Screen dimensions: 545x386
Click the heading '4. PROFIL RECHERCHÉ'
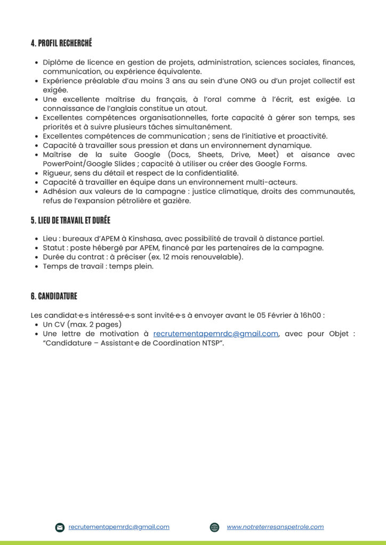click(x=61, y=44)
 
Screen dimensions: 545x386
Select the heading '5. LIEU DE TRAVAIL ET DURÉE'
click(x=70, y=220)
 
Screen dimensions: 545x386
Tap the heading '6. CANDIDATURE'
click(x=54, y=296)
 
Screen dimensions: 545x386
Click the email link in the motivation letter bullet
click(x=215, y=334)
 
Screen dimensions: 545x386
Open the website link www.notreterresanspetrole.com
click(x=275, y=527)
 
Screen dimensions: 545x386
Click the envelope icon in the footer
click(x=60, y=527)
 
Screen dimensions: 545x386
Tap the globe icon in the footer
click(x=215, y=527)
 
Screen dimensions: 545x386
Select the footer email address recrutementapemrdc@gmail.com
click(x=119, y=527)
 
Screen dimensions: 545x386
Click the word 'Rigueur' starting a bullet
click(x=57, y=173)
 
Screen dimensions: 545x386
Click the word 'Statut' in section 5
click(x=53, y=248)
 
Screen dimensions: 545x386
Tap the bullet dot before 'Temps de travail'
click(x=36, y=267)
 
